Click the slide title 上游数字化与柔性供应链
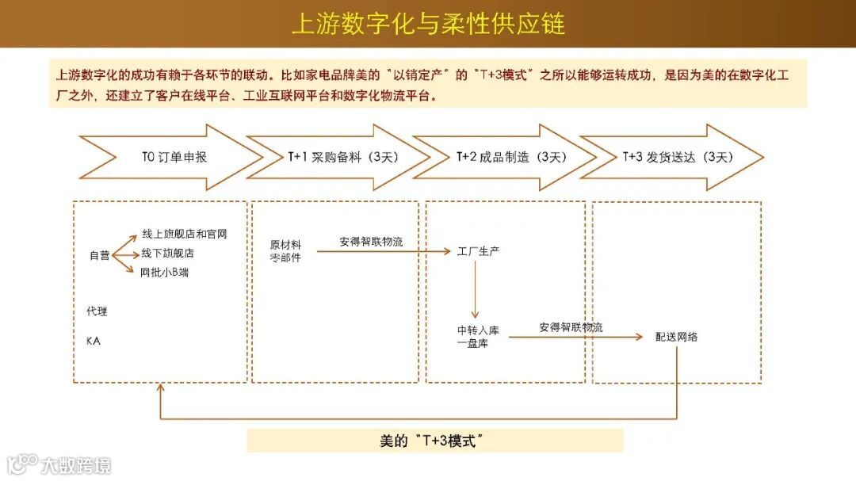428,23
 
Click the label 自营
99,255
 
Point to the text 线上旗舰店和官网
184,235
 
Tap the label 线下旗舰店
167,254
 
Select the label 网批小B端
164,273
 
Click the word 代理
97,311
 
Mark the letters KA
94,342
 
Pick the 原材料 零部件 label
285,251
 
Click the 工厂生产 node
478,252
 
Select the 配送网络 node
677,337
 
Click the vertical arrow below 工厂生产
476,289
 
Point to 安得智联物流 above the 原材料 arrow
371,242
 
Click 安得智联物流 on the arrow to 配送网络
571,326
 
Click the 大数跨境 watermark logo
60,464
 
